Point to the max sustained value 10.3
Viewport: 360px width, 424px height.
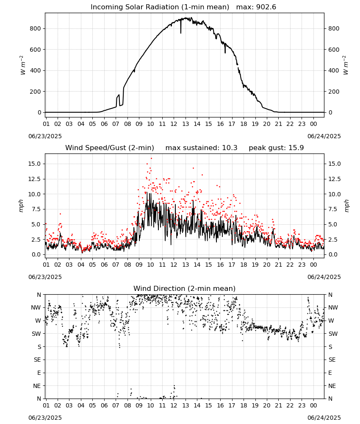pos(230,148)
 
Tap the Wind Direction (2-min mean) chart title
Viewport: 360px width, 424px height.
pos(185,288)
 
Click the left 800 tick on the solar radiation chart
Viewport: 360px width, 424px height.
pos(36,29)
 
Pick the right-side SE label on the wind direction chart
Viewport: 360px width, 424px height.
pos(332,360)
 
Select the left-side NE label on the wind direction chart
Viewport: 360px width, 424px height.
pos(37,386)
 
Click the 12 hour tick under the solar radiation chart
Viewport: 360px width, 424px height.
pos(174,124)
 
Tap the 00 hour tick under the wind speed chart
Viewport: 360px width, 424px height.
pos(313,265)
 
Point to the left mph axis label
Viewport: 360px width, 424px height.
pos(21,206)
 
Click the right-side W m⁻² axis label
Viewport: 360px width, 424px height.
pos(346,65)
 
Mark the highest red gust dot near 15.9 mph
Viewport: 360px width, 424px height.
pos(151,158)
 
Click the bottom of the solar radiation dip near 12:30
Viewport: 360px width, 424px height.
pos(181,33)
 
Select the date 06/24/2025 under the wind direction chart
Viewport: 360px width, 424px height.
pos(324,418)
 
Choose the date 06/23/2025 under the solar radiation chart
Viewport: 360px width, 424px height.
pos(45,136)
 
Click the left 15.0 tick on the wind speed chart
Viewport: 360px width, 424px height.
pos(35,164)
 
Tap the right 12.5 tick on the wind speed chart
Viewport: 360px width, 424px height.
pos(335,179)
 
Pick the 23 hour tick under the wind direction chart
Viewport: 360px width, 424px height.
pos(302,405)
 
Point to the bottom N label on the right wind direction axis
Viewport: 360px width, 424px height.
pos(330,399)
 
